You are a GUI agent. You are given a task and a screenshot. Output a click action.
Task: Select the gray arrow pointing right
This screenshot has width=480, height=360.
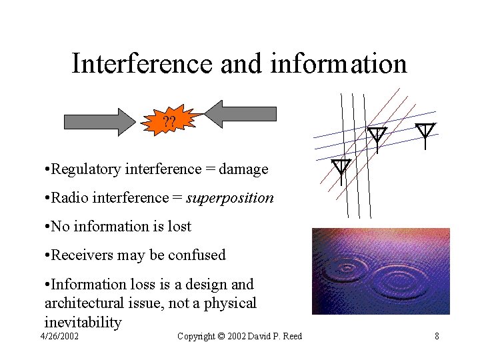[99, 121]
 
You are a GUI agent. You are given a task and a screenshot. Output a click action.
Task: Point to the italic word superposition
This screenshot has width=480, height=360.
[230, 198]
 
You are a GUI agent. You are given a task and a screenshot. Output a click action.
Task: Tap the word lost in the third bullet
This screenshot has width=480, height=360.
[177, 227]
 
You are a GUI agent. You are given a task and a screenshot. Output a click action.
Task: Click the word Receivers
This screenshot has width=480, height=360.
[81, 255]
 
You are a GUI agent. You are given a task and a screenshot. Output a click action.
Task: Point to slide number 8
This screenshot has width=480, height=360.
[437, 336]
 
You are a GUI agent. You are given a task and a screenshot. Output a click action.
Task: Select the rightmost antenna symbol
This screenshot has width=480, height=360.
[425, 131]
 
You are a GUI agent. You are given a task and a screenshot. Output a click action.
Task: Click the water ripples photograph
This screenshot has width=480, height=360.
[381, 271]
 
